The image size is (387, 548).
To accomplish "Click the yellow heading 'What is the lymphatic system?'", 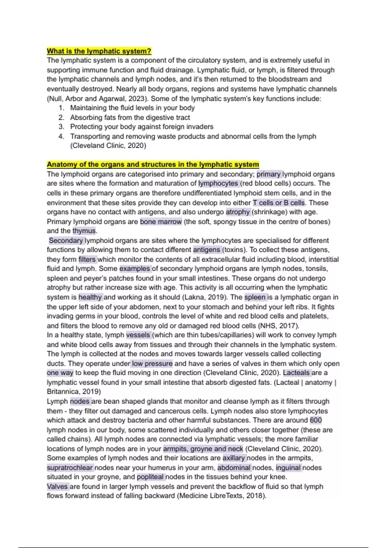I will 99,51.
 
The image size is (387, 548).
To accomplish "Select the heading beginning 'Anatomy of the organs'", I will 153,164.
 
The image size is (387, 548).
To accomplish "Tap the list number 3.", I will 61,127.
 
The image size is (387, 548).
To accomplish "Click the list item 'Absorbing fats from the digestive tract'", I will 130,117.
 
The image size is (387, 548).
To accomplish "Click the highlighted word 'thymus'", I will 84,231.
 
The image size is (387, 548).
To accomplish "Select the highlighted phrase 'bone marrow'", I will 161,221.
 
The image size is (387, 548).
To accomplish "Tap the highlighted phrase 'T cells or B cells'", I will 279,203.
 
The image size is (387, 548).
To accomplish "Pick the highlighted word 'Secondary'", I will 66,240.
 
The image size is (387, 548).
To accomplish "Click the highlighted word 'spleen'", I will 255,297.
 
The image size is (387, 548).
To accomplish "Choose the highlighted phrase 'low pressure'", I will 152,364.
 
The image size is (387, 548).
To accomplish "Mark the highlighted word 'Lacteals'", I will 297,373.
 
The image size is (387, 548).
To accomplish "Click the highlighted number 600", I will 316,420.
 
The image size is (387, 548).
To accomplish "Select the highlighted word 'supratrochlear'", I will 70,468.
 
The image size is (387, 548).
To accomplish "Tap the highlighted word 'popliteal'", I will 151,477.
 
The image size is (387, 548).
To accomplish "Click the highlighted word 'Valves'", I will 57,486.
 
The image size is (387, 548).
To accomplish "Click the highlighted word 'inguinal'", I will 288,468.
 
